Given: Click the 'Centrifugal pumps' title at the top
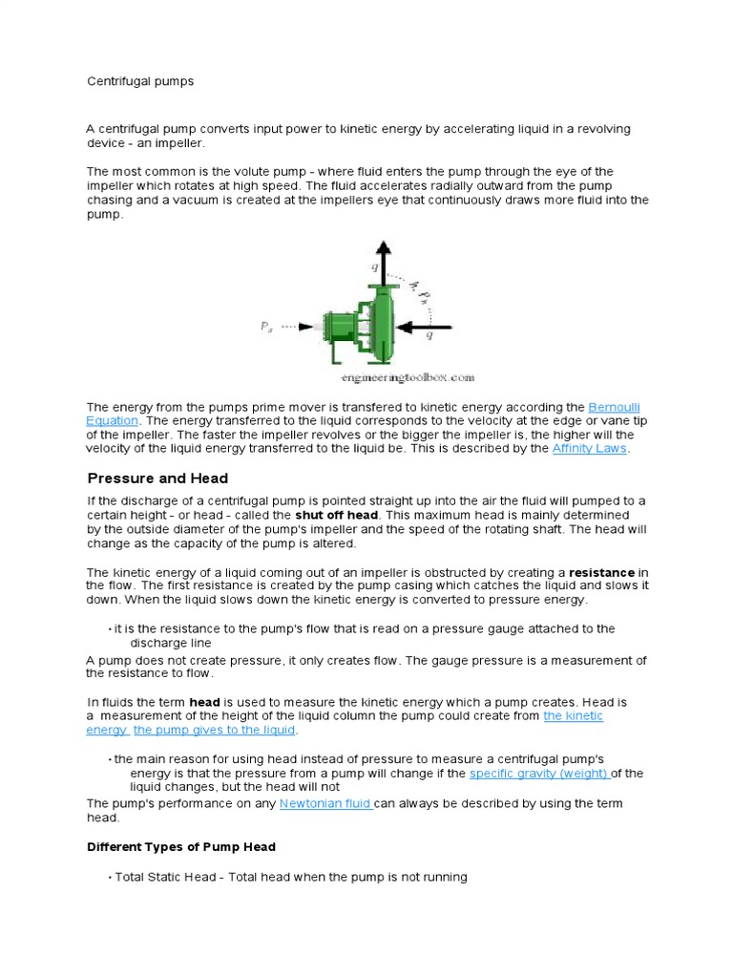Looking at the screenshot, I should coord(140,81).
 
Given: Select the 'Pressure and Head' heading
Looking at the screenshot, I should coord(157,478).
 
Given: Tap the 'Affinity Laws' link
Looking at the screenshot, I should coord(591,448).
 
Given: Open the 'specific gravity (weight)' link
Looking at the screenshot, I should coord(539,773).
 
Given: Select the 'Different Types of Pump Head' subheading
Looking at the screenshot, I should coord(181,846).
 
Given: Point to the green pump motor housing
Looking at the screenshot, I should coord(337,326).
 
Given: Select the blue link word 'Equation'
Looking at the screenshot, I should coord(113,420).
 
